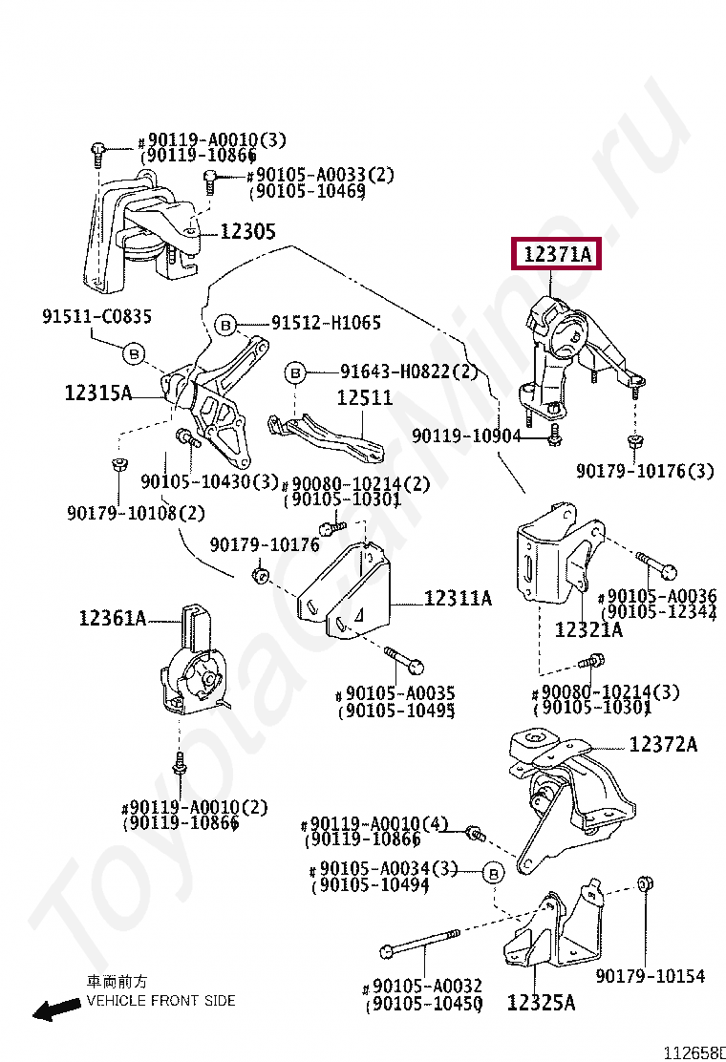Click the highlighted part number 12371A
tap(557, 255)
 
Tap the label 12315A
tap(98, 392)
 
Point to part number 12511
tap(364, 398)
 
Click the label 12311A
tap(458, 599)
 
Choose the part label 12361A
tap(112, 619)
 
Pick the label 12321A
tap(588, 629)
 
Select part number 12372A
tap(663, 745)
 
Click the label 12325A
tap(541, 1003)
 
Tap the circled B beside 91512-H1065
tap(226, 326)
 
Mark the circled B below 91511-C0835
tap(134, 354)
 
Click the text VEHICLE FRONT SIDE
tap(160, 1001)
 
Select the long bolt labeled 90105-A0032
tap(420, 944)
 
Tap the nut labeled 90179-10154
tap(644, 882)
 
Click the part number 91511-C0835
tap(96, 316)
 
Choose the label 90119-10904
tap(466, 435)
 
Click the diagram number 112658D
tap(695, 1052)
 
